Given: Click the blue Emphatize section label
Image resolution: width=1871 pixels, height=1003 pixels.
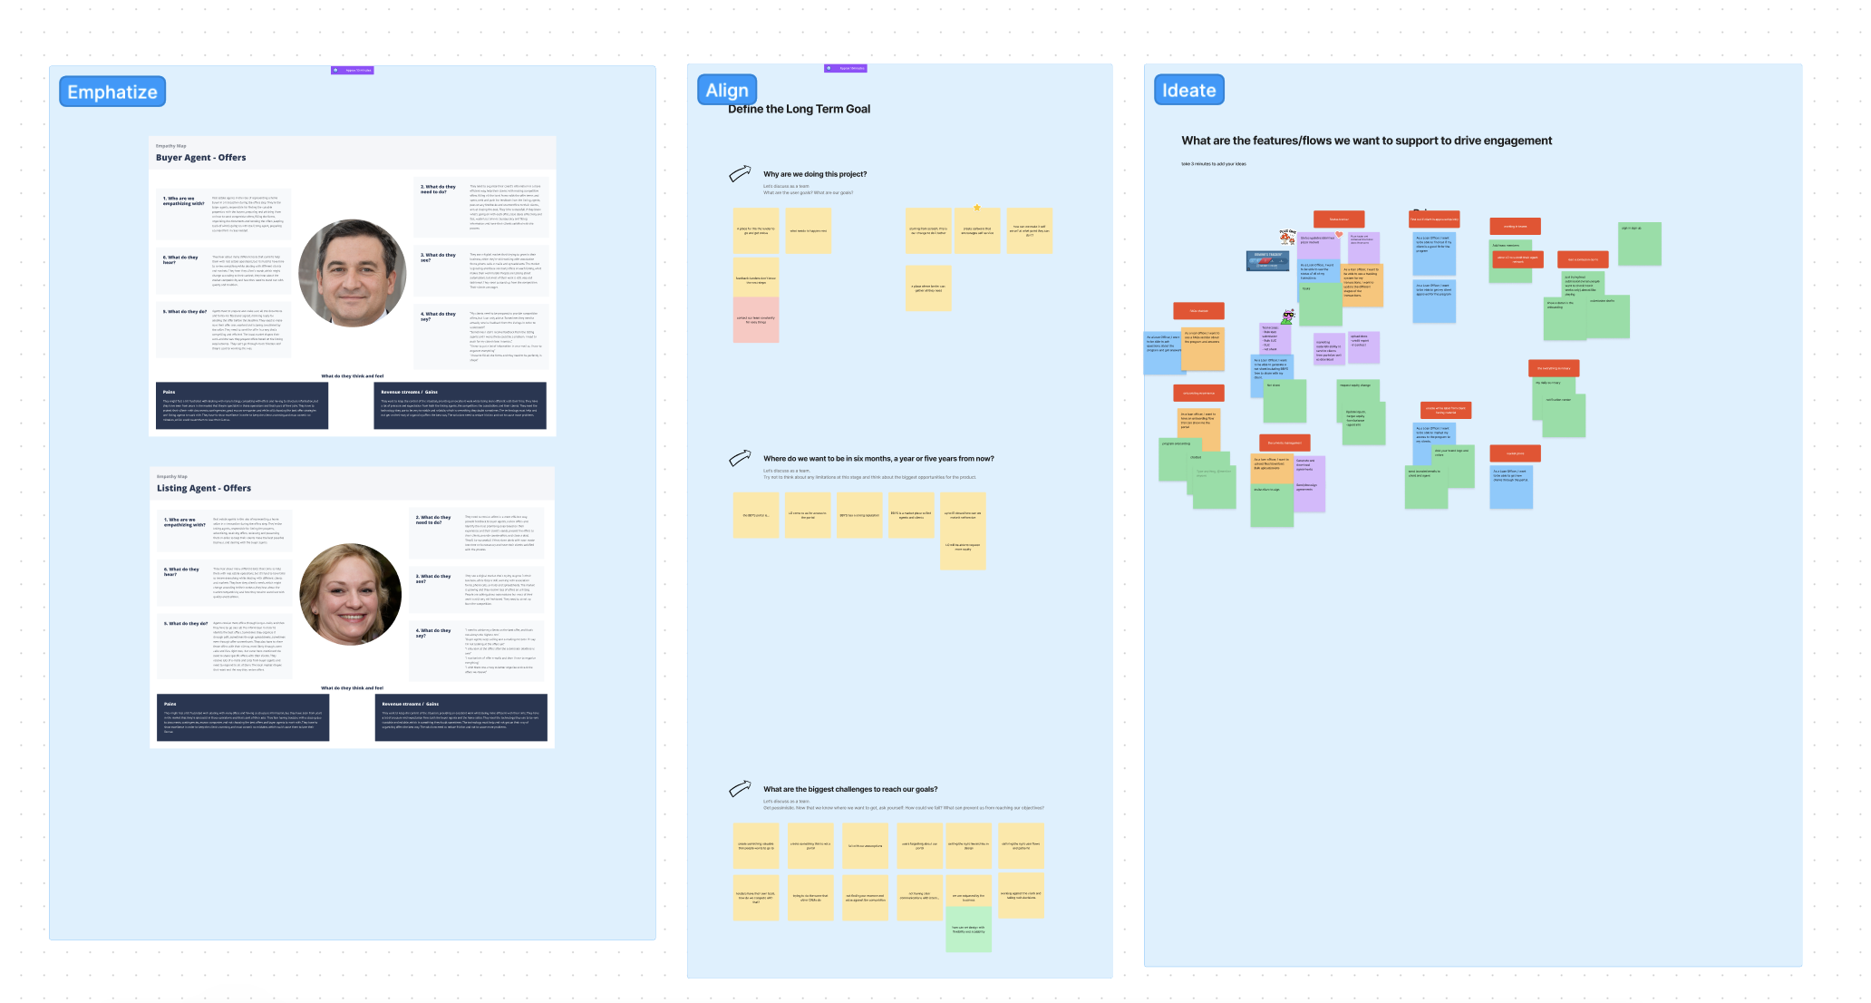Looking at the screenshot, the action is pyautogui.click(x=112, y=92).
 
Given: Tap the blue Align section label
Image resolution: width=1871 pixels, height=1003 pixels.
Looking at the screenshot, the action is pyautogui.click(x=727, y=90).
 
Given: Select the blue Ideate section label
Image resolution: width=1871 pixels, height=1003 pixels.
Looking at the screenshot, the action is pyautogui.click(x=1188, y=90).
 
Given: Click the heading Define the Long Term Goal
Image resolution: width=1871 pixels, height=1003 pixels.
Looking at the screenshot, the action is pyautogui.click(x=799, y=109).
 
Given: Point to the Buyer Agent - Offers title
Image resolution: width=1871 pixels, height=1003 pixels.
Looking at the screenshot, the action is pyautogui.click(x=200, y=158).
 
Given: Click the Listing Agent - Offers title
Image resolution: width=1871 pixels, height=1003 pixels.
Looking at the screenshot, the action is pyautogui.click(x=204, y=488).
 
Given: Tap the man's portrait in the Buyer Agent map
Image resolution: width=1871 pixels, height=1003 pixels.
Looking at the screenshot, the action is pyautogui.click(x=352, y=273).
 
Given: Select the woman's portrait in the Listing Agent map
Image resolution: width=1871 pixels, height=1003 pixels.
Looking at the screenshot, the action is pyautogui.click(x=351, y=594).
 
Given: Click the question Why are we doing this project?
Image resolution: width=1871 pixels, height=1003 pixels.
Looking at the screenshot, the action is pyautogui.click(x=814, y=174).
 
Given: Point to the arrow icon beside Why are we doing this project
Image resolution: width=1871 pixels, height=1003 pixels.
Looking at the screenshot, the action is pyautogui.click(x=740, y=173).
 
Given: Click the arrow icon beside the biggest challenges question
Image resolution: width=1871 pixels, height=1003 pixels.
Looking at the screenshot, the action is pyautogui.click(x=740, y=788).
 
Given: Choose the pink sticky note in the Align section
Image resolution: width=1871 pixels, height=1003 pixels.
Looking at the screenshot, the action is pyautogui.click(x=756, y=319).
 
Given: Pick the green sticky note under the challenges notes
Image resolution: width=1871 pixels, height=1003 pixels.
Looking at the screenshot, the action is pyautogui.click(x=968, y=929).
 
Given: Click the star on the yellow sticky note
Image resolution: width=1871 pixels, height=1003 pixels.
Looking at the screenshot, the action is pyautogui.click(x=977, y=208).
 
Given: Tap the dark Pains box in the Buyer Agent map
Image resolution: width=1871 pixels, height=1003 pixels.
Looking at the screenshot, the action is pyautogui.click(x=241, y=405).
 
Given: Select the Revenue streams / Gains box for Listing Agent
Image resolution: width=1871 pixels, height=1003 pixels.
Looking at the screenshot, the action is pyautogui.click(x=460, y=717).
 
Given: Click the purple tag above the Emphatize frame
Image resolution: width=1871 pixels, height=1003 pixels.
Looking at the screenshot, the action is pyautogui.click(x=353, y=70).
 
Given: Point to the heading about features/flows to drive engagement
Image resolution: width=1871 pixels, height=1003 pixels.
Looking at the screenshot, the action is pyautogui.click(x=1366, y=141).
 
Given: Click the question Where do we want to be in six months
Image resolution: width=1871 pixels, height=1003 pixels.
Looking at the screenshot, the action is pyautogui.click(x=877, y=459).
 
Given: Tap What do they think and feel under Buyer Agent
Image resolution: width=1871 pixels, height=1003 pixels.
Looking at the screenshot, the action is pyautogui.click(x=353, y=375).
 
